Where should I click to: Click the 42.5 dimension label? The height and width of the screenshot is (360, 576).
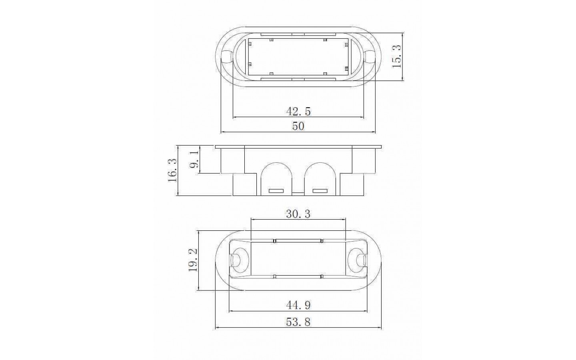tap(298, 111)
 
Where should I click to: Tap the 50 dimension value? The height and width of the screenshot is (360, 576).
tap(298, 126)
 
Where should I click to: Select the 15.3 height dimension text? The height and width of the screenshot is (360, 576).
tap(396, 56)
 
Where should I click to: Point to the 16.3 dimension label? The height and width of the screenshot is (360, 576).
tap(172, 170)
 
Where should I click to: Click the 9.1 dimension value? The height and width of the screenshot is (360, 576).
tap(194, 160)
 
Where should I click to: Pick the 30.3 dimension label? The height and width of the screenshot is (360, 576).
tap(298, 214)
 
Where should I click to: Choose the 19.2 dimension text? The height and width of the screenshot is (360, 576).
tap(193, 260)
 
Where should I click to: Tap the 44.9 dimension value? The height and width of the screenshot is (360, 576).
tap(298, 305)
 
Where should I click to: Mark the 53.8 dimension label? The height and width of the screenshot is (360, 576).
tap(298, 322)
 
